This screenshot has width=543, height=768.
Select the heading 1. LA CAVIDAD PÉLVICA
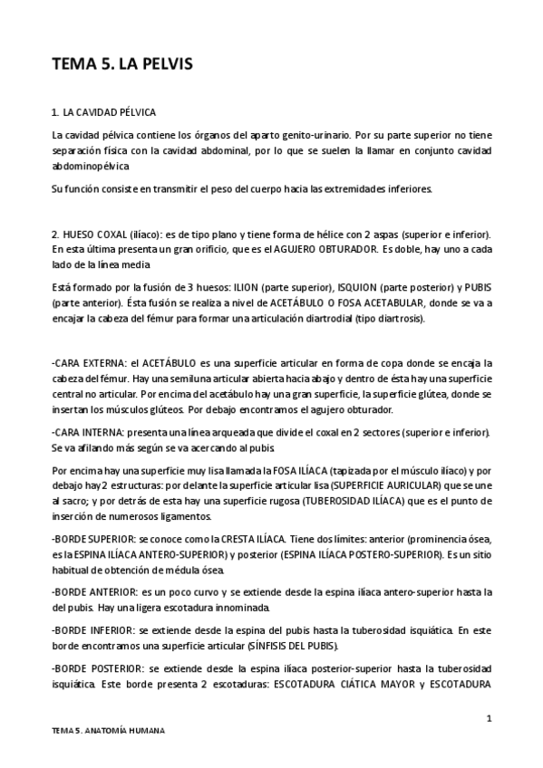click(104, 112)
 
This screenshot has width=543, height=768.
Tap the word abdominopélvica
click(91, 167)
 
